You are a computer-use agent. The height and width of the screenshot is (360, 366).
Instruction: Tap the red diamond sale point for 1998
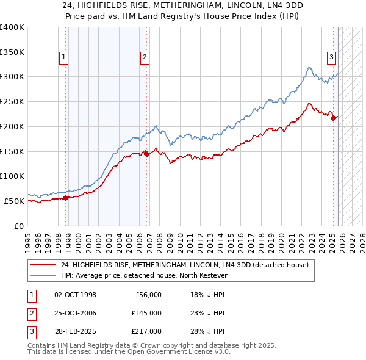click(65, 197)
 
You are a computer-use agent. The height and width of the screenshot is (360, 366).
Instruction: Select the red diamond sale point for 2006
click(146, 154)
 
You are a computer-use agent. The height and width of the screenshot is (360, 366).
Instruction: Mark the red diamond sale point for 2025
click(334, 118)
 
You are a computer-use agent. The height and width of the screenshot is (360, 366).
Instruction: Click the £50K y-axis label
click(13, 201)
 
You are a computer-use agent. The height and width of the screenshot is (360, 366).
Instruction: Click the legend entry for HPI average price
click(144, 276)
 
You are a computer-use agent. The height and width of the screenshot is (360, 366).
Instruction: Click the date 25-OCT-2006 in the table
click(76, 313)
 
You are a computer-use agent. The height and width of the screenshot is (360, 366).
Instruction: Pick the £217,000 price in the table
click(146, 331)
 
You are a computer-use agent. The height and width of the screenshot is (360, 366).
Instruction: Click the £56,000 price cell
click(148, 295)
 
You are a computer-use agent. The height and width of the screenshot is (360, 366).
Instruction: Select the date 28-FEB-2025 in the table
click(76, 331)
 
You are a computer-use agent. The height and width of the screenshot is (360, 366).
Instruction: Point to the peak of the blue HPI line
click(310, 67)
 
